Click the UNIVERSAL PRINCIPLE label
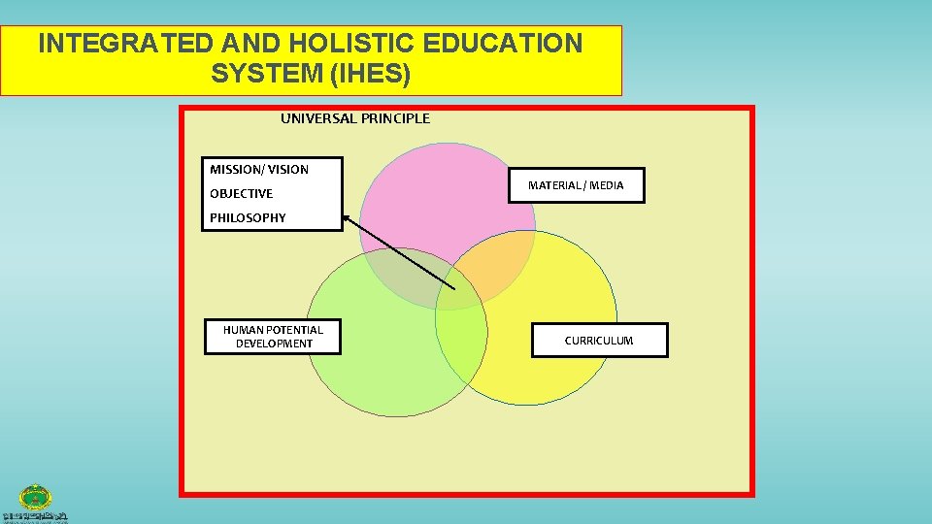(355, 118)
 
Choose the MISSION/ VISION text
(259, 169)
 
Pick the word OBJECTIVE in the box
(242, 193)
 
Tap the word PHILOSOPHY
(249, 217)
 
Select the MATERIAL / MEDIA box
(576, 184)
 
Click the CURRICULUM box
(599, 341)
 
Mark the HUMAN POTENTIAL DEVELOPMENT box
(273, 336)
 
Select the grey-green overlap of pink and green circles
(403, 281)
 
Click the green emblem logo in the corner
(36, 497)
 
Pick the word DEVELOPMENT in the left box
(274, 344)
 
